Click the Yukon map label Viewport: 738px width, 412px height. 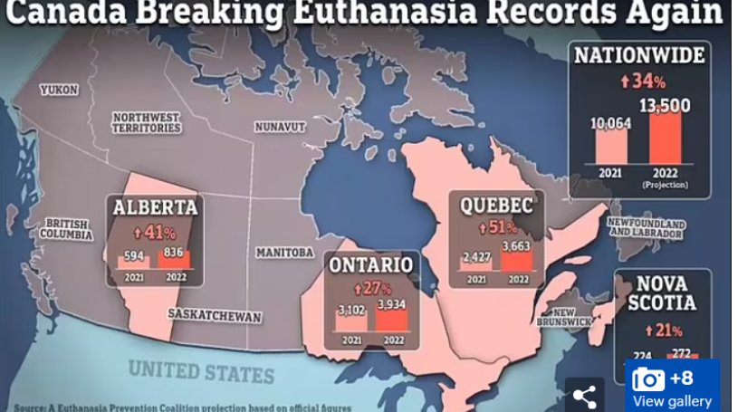pos(59,90)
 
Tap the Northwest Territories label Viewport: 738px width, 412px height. pos(146,122)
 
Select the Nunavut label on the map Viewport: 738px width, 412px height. pos(280,127)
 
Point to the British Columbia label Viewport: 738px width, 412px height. pos(66,228)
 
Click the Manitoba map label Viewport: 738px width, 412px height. pos(284,252)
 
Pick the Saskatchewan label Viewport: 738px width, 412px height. pos(215,315)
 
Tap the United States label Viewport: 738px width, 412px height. pos(201,370)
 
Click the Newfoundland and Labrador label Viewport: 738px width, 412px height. pos(646,226)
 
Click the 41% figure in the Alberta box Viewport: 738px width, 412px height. pos(154,232)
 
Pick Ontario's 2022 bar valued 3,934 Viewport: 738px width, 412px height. pos(393,318)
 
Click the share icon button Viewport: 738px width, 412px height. pos(584,395)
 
